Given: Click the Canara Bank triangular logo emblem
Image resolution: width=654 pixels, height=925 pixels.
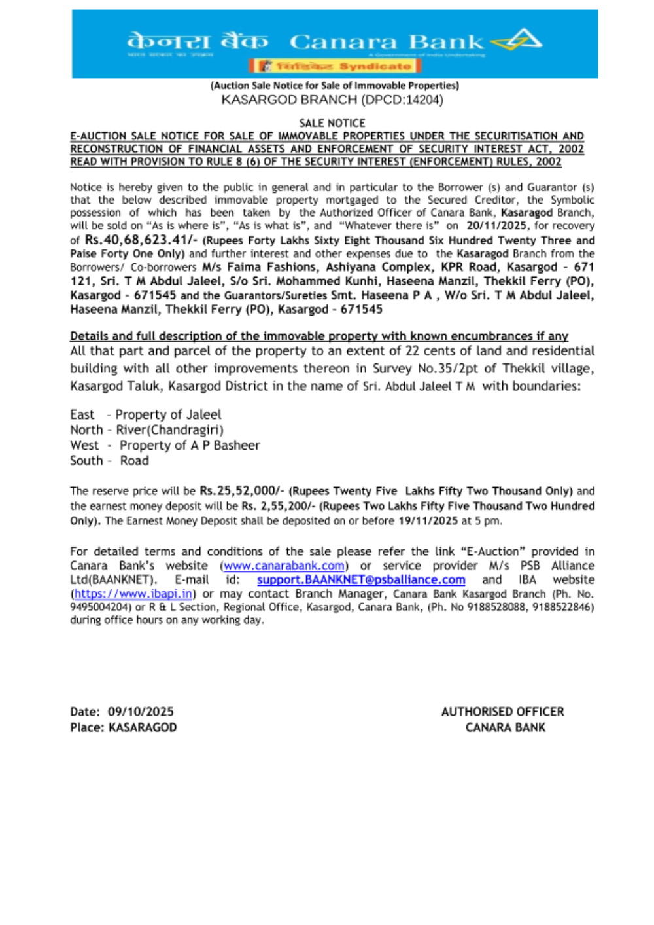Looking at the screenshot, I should click(x=518, y=41).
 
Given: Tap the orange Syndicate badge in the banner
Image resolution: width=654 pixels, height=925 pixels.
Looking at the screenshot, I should click(x=334, y=66).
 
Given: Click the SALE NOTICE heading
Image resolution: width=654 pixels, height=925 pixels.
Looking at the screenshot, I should click(x=332, y=123).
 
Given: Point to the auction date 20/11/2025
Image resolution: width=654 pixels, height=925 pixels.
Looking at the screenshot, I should click(x=496, y=226).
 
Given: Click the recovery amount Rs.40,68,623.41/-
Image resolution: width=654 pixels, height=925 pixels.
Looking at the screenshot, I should click(x=141, y=240).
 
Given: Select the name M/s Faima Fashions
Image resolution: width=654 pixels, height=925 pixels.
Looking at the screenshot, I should click(x=259, y=267).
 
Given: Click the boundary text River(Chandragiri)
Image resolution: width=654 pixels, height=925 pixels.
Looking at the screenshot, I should click(x=169, y=430).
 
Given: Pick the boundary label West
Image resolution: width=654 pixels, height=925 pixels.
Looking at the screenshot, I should click(x=84, y=446).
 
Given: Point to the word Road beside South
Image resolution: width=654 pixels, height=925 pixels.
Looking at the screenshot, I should click(x=134, y=461).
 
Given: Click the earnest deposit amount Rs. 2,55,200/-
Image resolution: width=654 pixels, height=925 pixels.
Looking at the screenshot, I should click(x=279, y=506).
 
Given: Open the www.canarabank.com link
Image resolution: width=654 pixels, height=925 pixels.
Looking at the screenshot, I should click(x=284, y=566).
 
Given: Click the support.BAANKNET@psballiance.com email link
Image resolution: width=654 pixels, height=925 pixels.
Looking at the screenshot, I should click(x=361, y=580).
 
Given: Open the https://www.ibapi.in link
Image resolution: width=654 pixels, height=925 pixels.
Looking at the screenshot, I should click(x=133, y=594).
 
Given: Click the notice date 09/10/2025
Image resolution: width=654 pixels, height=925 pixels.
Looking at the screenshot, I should click(x=141, y=712).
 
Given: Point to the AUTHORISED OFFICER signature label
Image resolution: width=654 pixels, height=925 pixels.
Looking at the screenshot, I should click(x=502, y=712).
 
